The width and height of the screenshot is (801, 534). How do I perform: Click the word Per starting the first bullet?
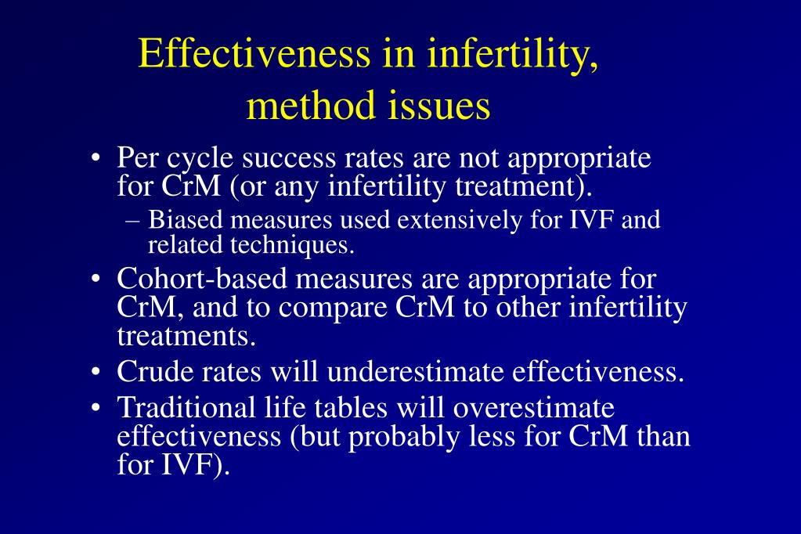136,158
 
